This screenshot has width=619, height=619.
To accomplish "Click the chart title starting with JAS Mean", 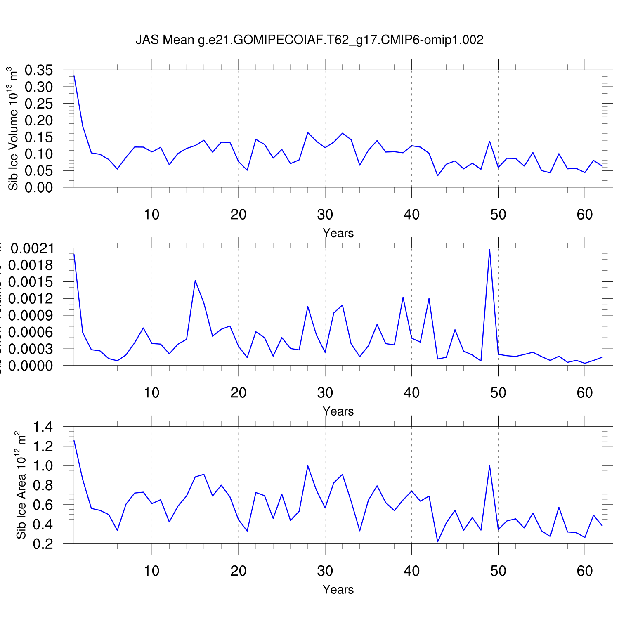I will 309,40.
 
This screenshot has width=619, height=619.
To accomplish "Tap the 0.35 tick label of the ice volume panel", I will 39,70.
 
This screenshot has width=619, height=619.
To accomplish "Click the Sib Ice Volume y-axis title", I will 13,128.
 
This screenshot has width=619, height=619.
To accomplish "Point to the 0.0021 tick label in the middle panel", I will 33,248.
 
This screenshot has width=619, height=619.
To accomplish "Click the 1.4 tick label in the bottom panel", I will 43,427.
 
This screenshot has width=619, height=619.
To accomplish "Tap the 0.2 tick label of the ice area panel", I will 43,544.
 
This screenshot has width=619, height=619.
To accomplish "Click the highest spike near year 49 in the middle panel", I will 489,249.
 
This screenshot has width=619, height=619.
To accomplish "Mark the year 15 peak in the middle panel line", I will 195,281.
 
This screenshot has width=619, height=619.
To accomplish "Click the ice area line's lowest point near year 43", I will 438,542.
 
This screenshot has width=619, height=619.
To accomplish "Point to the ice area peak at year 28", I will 308,466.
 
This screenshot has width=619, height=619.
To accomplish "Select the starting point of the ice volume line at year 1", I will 74,76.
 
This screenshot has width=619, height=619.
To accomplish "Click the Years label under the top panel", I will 338,233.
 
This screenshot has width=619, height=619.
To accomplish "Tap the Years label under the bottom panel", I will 338,590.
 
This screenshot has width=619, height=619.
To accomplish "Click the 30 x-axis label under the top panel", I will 325,215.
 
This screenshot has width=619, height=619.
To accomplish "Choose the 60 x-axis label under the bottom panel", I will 585,571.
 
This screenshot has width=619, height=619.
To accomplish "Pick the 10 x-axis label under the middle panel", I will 152,393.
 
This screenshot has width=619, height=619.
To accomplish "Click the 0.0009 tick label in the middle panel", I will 33,316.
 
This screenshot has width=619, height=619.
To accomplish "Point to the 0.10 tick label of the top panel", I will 39,154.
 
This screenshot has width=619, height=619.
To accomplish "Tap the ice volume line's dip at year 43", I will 438,176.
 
